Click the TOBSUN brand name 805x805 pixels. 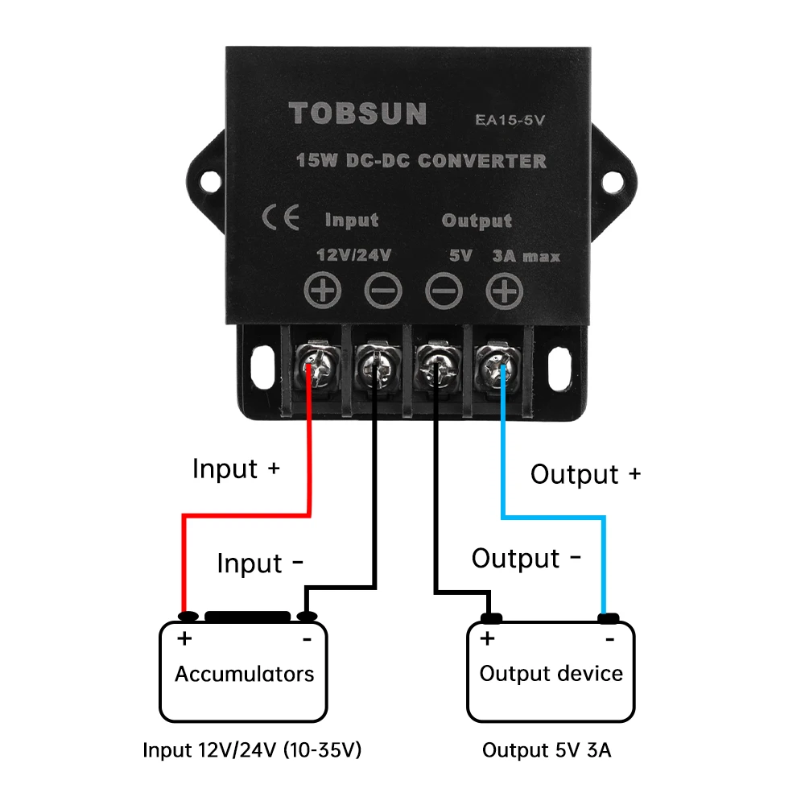(357, 114)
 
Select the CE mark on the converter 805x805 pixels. (281, 218)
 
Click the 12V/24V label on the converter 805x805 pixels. (354, 256)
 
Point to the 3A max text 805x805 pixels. (526, 257)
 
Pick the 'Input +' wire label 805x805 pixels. (235, 469)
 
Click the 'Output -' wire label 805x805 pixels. (526, 558)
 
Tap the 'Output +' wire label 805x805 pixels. (585, 474)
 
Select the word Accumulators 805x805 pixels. (244, 674)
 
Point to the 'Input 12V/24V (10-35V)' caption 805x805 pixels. (252, 750)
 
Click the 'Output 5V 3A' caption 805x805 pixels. (547, 750)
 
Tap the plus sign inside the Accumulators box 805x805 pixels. (185, 640)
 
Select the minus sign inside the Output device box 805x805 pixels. (609, 639)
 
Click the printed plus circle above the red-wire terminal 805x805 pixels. (322, 291)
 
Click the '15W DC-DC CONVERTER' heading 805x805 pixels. (421, 160)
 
